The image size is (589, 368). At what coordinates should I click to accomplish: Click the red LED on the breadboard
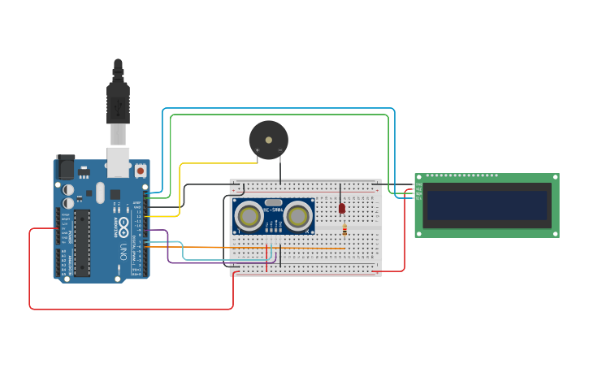tap(342, 208)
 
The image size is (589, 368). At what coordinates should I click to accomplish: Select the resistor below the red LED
tap(344, 231)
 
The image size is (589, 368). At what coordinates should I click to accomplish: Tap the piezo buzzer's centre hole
tap(269, 140)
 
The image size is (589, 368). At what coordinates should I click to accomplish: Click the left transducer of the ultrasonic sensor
tap(248, 216)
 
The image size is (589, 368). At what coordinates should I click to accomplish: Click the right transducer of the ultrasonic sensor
tap(298, 216)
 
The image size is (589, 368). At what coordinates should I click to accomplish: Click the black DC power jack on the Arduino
tap(64, 167)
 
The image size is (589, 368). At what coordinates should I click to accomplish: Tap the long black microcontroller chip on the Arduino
tap(82, 243)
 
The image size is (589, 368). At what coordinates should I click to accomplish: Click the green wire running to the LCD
tap(276, 115)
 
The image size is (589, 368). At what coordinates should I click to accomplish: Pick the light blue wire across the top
tap(276, 108)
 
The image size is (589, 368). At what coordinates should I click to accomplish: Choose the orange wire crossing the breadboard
tap(244, 247)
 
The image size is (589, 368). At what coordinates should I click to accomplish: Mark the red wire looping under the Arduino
tap(130, 309)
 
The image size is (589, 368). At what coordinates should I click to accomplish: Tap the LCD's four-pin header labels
tap(418, 193)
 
